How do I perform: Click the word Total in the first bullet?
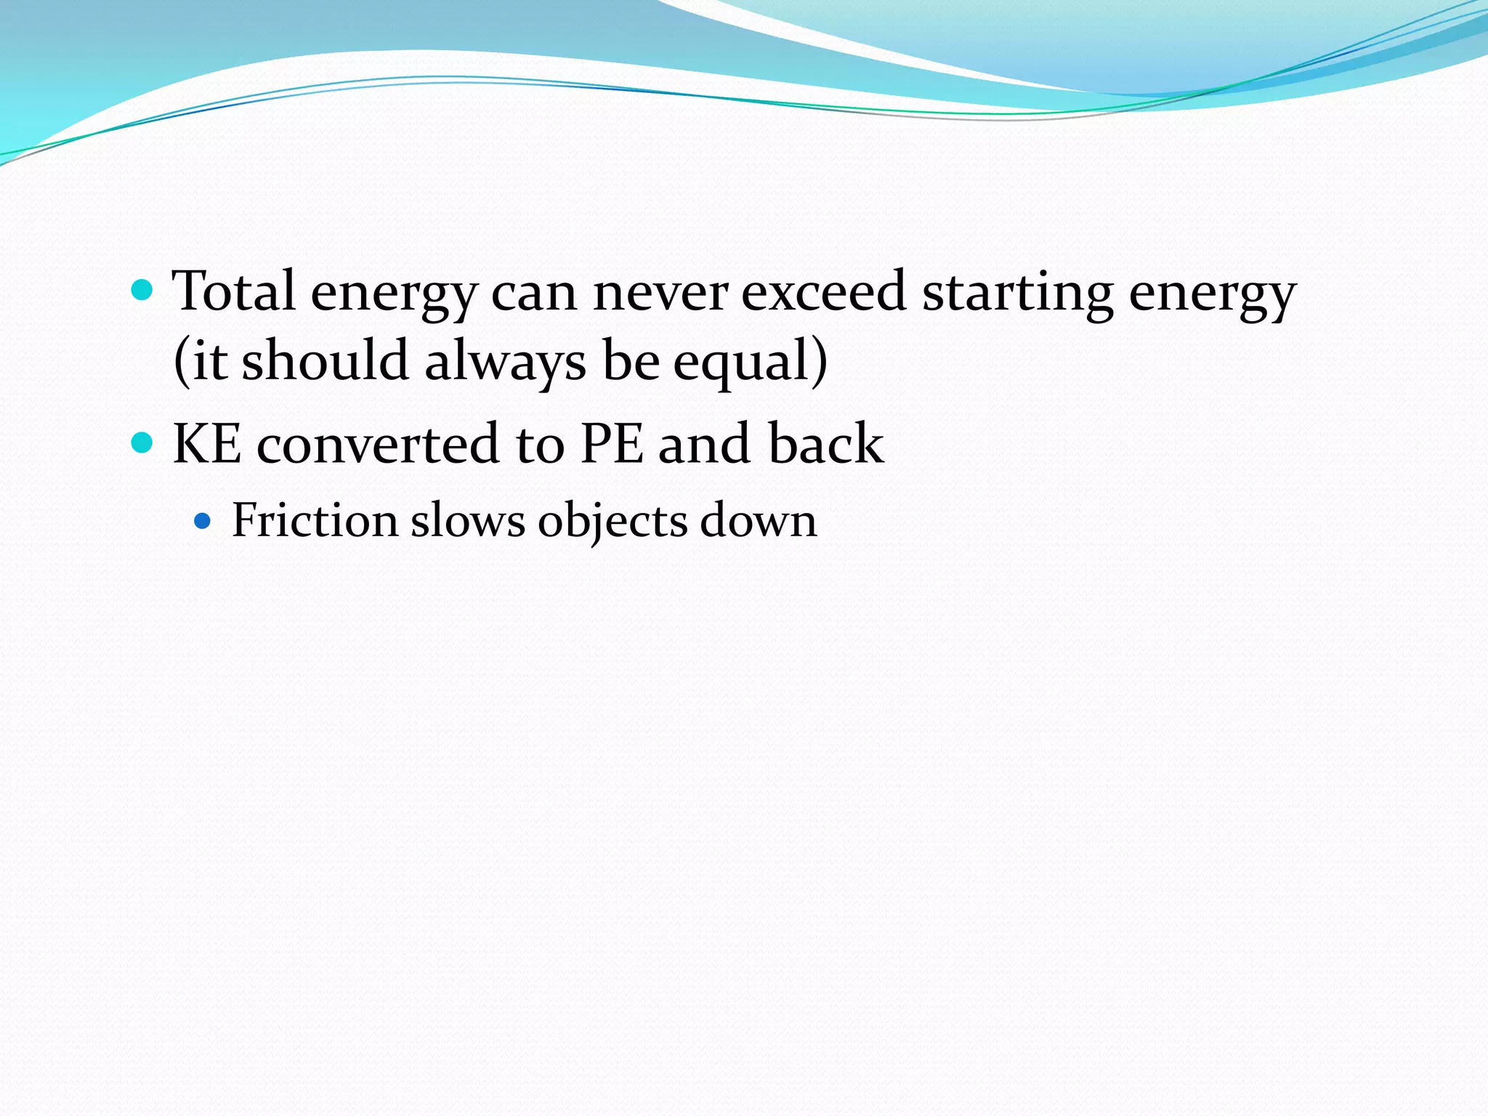pos(234,291)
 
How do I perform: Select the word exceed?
pos(823,291)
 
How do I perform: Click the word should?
pos(325,360)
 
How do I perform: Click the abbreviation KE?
pos(207,443)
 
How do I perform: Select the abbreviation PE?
pos(612,443)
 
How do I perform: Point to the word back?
pos(825,443)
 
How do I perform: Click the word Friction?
pos(315,520)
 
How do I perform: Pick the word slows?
pos(467,520)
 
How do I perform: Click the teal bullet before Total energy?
pos(142,291)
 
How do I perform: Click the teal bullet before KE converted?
pos(142,442)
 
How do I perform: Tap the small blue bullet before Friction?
pos(203,521)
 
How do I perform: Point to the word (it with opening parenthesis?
pos(200,361)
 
